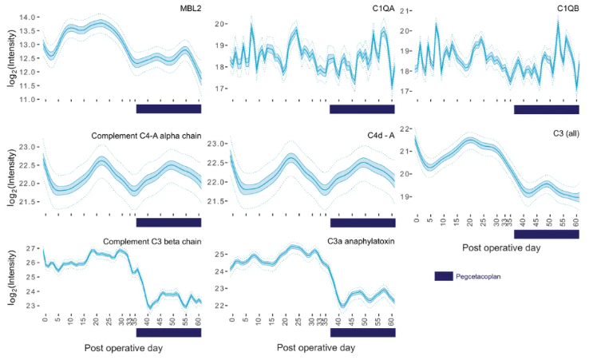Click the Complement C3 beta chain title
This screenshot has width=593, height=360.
[152, 241]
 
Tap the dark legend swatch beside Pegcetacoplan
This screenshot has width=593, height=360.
[443, 276]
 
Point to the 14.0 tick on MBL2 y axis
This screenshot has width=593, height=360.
[27, 17]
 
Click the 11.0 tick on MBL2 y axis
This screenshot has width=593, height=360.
[27, 100]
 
